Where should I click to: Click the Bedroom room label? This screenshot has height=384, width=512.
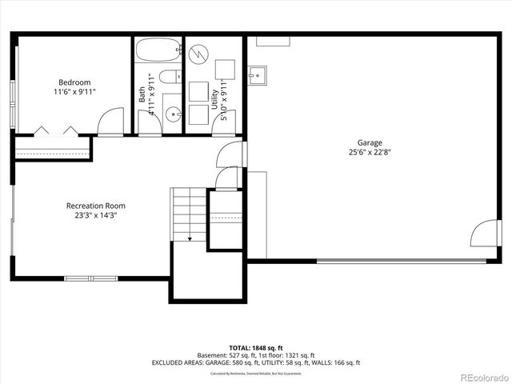click(74, 82)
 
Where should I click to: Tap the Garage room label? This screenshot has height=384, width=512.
click(370, 142)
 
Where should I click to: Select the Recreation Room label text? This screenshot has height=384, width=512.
click(95, 206)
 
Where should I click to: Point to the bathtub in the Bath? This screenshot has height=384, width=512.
click(158, 53)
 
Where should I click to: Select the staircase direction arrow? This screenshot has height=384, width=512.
click(190, 237)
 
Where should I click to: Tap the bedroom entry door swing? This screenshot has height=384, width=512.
click(110, 122)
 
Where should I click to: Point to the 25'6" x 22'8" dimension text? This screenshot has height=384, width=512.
click(370, 152)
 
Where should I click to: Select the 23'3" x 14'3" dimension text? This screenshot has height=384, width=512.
click(95, 215)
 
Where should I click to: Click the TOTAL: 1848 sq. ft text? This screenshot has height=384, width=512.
click(256, 348)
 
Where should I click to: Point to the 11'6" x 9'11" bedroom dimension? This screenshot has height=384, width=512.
click(74, 91)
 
